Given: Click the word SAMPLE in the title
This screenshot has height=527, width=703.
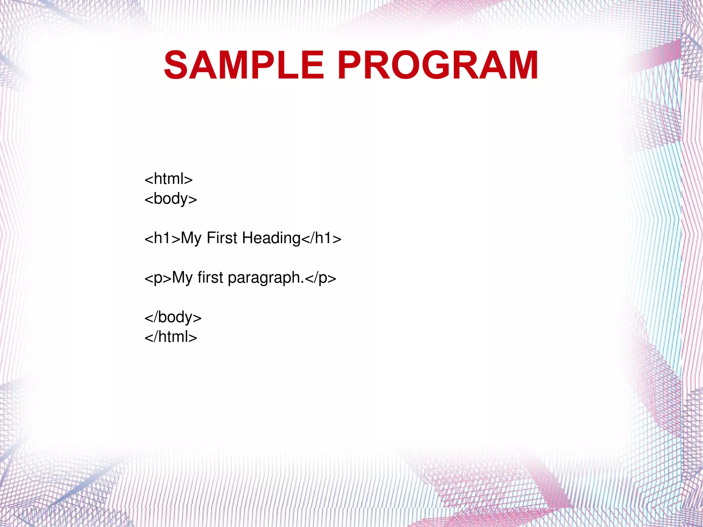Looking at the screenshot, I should (x=244, y=65).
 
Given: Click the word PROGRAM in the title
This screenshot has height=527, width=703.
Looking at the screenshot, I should (x=438, y=65).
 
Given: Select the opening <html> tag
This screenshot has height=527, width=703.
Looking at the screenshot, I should (x=169, y=179).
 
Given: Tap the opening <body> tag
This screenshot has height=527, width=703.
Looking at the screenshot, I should (x=171, y=199).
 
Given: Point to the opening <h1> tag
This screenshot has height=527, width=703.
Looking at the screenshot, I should (x=162, y=238).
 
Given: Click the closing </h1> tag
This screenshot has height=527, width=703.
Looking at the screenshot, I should (x=321, y=238).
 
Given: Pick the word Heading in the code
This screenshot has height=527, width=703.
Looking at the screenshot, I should (x=271, y=238).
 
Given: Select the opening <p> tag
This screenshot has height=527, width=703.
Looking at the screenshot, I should (x=158, y=278).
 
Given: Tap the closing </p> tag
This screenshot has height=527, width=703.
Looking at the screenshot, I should (x=320, y=278).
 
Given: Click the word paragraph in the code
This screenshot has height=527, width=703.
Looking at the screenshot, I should (x=264, y=278).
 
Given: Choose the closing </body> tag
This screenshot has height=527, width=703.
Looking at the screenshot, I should (x=173, y=317).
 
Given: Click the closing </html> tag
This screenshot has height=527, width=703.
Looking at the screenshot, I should (x=171, y=337).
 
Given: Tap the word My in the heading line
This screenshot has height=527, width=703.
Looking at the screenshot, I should (x=191, y=238).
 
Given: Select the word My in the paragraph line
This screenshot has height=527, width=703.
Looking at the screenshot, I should (x=182, y=278).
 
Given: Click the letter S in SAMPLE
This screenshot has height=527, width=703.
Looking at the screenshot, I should (x=176, y=65).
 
